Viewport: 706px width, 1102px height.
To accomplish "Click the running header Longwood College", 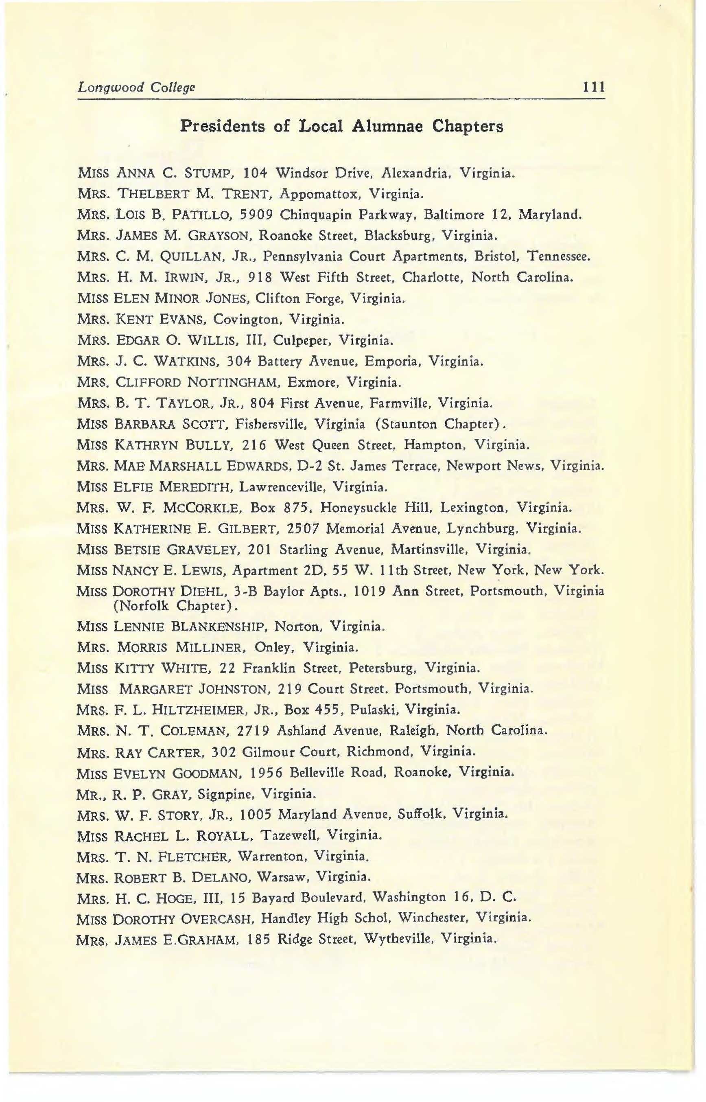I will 136,87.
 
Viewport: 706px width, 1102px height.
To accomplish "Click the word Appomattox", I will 319,194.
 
